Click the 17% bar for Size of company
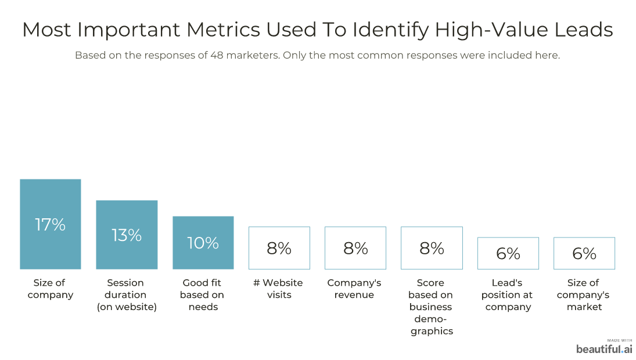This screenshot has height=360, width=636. coord(51,224)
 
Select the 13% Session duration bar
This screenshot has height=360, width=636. coord(127,235)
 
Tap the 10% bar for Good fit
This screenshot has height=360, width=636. coord(203,243)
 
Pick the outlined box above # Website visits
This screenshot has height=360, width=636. coord(279,248)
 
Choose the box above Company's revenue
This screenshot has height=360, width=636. coord(355,248)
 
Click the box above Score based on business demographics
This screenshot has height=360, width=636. coord(432,248)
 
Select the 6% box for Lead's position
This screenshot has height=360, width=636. coord(508,253)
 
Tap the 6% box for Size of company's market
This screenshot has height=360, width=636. coord(584,253)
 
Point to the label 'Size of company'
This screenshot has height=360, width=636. coord(51,289)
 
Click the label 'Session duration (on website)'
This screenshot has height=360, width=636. coord(127,294)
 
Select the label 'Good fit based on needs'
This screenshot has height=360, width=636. coord(203,294)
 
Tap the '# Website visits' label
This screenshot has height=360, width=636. coord(279,289)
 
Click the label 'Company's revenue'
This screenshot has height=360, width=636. coord(354,289)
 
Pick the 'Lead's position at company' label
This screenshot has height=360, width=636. coord(508,294)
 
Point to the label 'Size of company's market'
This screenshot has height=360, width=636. coord(584,294)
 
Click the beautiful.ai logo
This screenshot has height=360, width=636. coord(604,348)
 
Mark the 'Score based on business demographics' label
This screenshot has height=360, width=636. coord(431,307)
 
